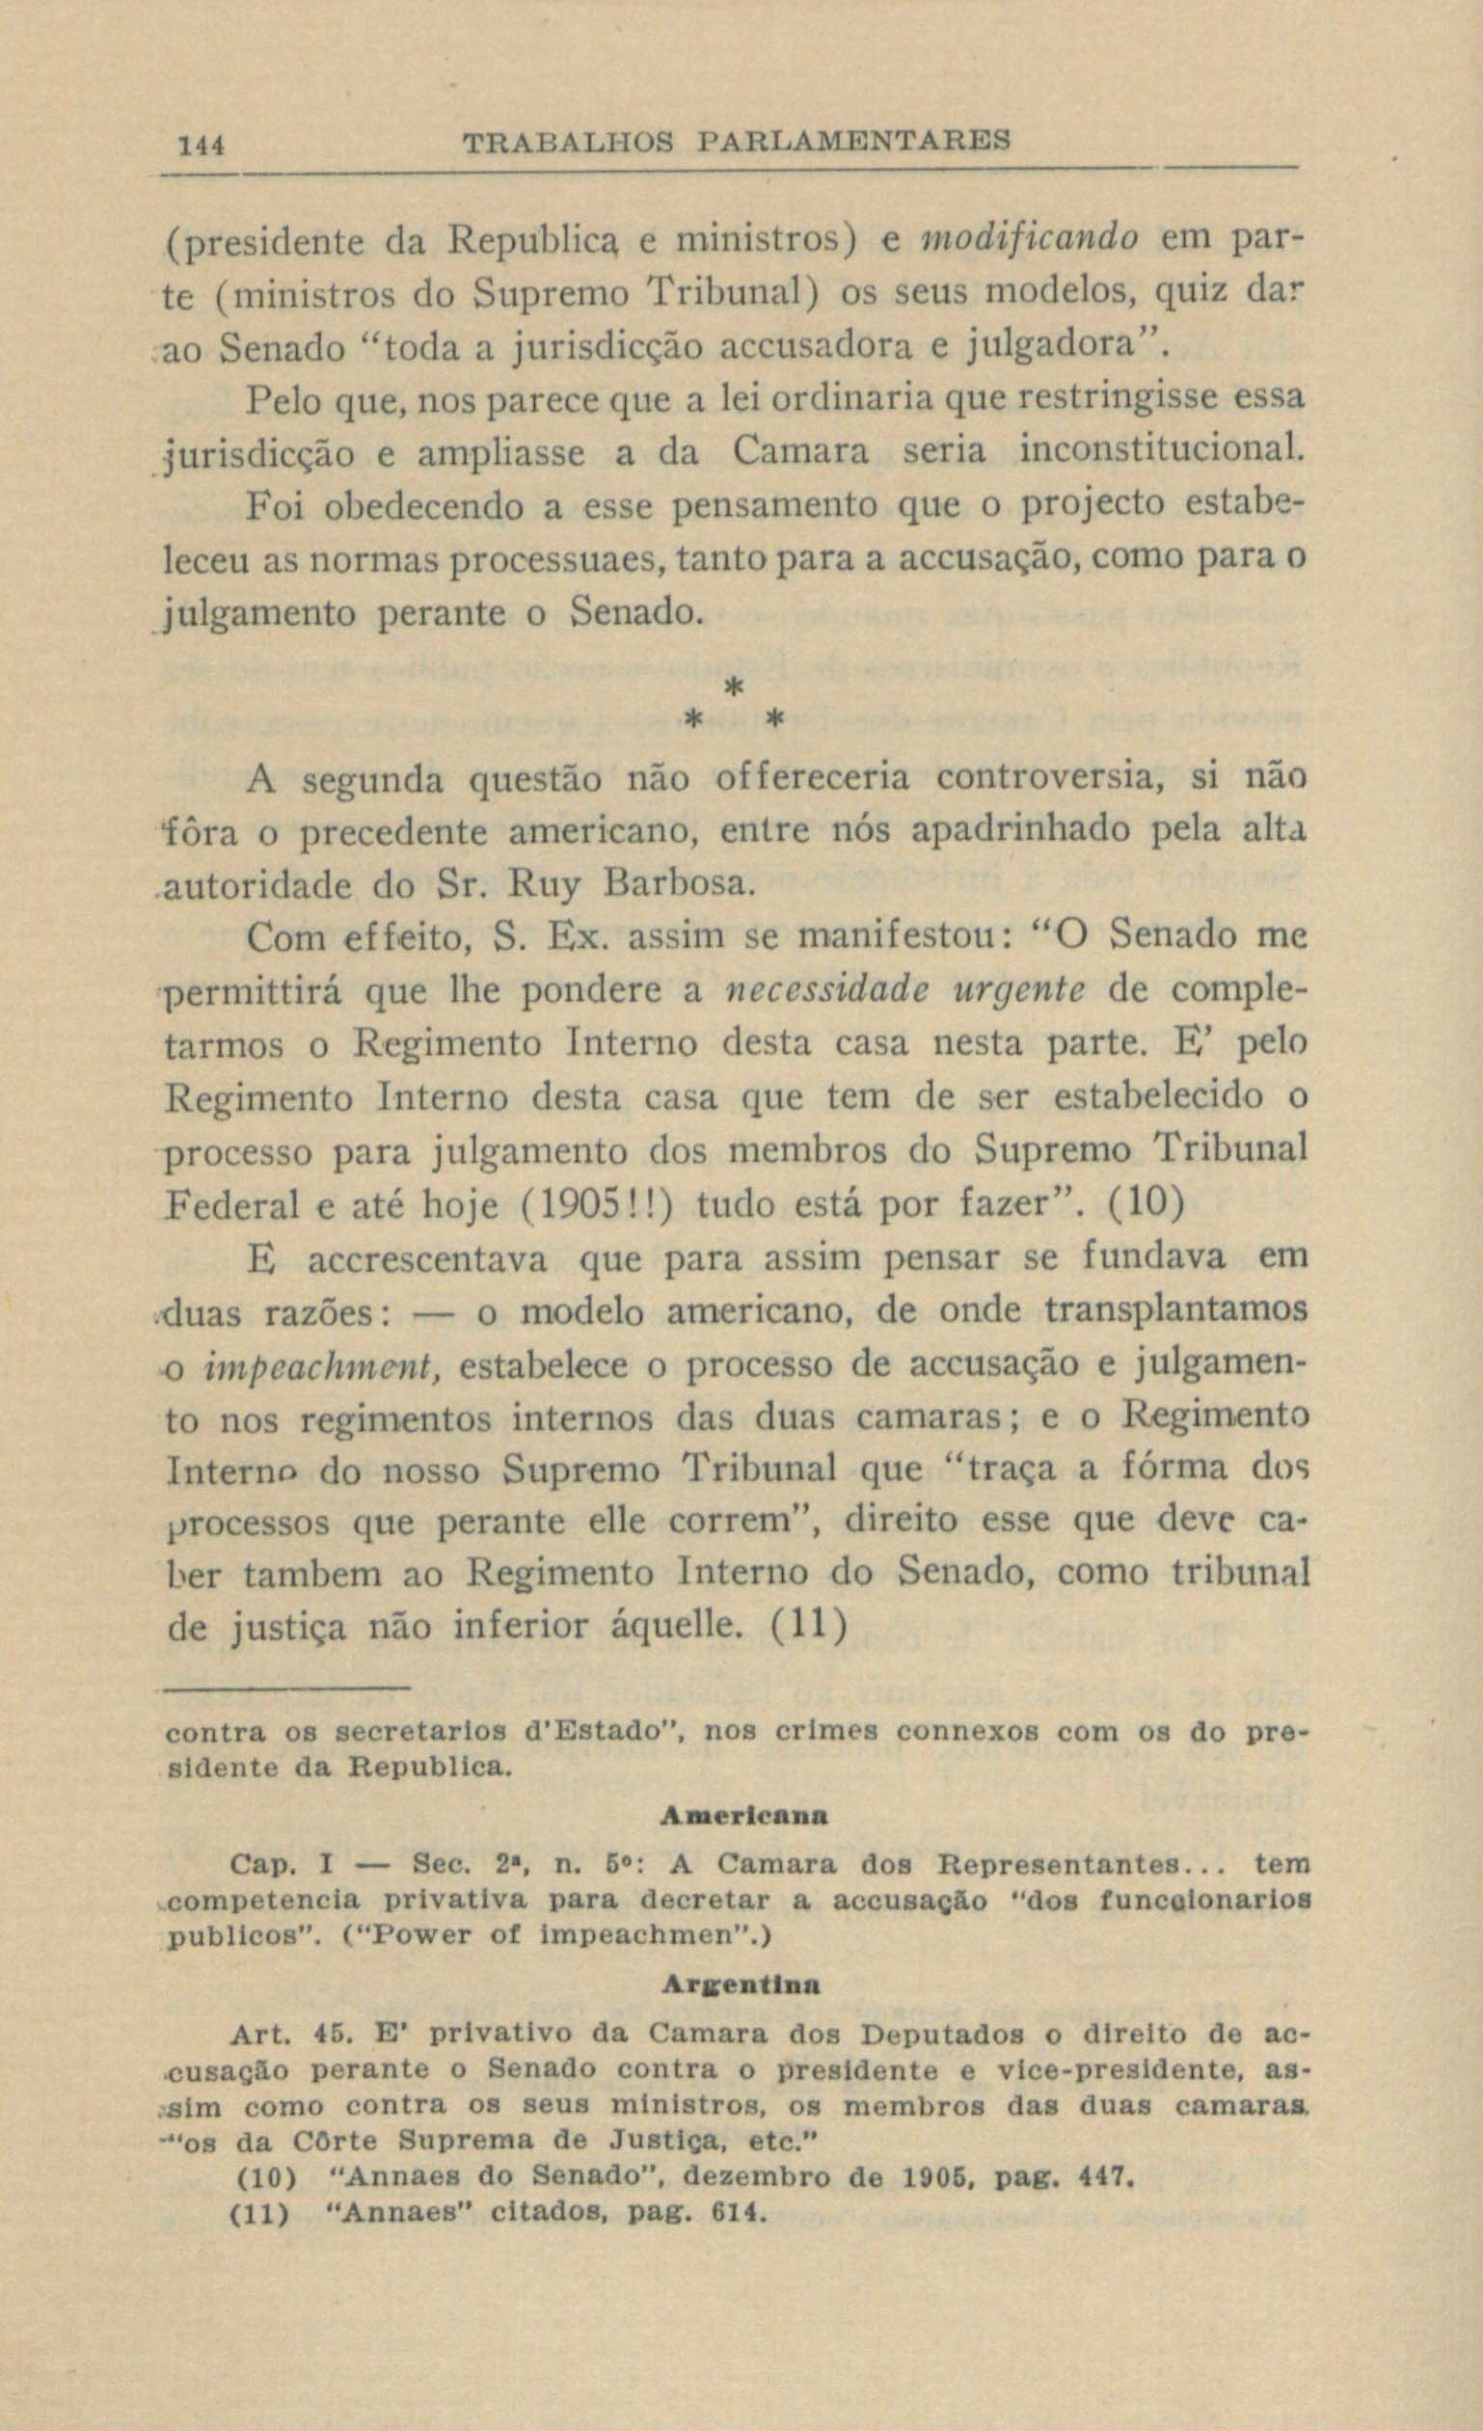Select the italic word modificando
click(1029, 240)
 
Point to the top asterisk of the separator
click(731, 687)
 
